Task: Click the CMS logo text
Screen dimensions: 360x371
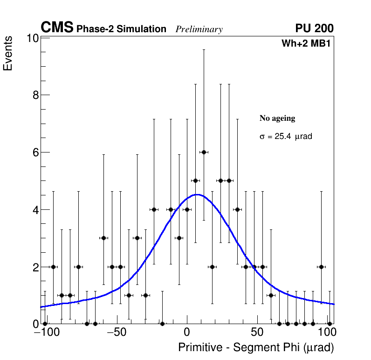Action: pos(57,28)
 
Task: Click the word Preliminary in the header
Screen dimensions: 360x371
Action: pos(199,29)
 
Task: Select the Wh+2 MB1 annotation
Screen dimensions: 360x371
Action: pos(306,44)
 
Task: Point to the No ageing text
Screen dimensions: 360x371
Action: pos(277,118)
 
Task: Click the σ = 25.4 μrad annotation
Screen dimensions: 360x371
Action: pos(285,137)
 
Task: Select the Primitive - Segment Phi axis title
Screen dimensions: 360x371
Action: pos(256,347)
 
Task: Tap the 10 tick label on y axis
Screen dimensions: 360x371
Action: pos(32,38)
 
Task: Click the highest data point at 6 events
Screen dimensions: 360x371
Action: pos(204,152)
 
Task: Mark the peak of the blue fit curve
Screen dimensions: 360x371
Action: pos(198,194)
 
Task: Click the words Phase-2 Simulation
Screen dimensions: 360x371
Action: pos(121,29)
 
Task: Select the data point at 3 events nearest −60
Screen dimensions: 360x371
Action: pos(103,238)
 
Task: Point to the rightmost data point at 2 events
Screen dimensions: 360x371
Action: pos(321,267)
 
